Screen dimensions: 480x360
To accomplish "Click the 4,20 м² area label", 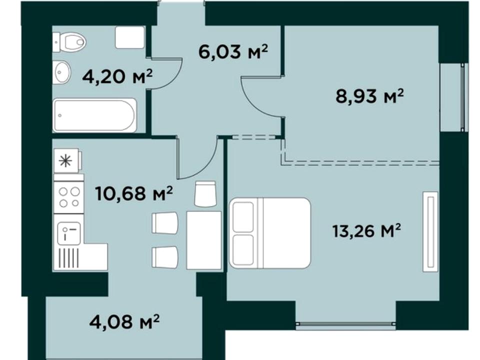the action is (x=117, y=76).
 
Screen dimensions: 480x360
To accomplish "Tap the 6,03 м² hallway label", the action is (x=233, y=51).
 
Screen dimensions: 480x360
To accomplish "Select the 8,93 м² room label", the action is (x=369, y=96).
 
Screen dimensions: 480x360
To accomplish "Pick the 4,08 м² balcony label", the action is (x=124, y=321).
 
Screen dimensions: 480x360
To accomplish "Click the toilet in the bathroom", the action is (x=70, y=42).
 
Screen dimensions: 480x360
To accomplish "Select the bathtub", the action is (x=95, y=115).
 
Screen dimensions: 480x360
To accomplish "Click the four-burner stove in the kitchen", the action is (x=69, y=197).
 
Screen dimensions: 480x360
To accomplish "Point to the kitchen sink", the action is (x=69, y=233).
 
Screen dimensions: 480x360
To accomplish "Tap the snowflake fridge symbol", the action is (x=66, y=161).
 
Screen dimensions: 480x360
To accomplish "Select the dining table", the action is (x=204, y=240).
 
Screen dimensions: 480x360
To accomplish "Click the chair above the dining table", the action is (x=205, y=194).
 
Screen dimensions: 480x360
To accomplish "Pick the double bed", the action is (x=270, y=233).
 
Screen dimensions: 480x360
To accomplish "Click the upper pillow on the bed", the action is (x=243, y=217).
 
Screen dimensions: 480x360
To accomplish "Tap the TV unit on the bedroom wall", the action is (x=430, y=231).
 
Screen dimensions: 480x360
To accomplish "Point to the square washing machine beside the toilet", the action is (x=130, y=37).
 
